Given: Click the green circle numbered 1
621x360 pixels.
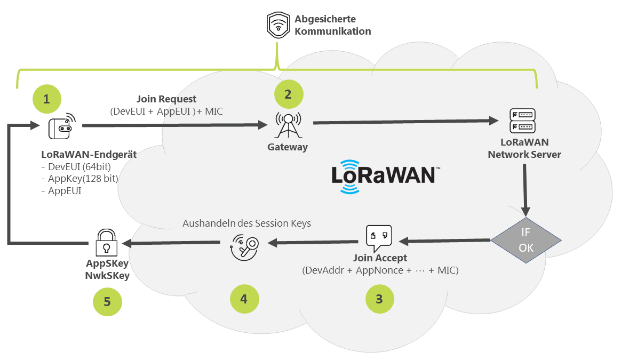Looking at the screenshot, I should pos(46,99).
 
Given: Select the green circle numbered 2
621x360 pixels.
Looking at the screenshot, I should pos(289,94).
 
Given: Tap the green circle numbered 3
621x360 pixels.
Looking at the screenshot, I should pos(379,298).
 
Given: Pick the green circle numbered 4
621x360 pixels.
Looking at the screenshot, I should pos(244,298).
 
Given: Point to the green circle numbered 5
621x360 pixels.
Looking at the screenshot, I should pos(107,302).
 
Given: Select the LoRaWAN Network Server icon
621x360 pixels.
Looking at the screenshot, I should pos(523,121).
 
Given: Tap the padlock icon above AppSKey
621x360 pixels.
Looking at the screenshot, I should pos(107,244).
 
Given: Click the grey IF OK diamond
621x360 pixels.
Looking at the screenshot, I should pos(526,241).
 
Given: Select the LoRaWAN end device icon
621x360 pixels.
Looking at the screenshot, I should pos(62,126).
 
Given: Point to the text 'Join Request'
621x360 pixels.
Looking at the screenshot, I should pos(166,99).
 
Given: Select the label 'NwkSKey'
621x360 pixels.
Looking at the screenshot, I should pos(107,275).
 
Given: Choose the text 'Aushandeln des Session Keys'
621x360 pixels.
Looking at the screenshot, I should pos(246,223).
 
